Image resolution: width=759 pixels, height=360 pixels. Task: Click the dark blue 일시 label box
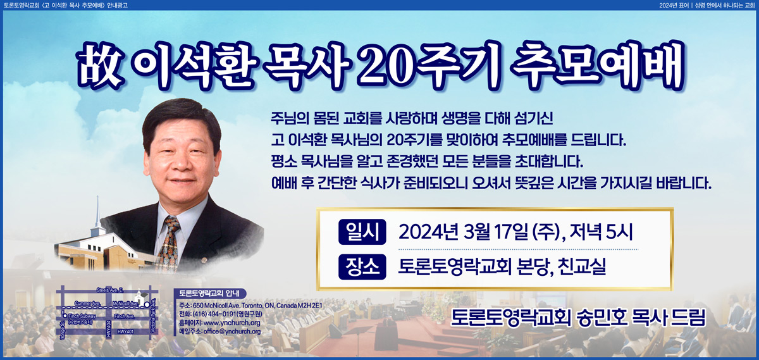362,232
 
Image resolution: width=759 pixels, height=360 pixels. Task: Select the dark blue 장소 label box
362,267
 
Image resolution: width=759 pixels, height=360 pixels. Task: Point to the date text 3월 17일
495,233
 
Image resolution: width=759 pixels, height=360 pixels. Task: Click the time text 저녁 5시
601,233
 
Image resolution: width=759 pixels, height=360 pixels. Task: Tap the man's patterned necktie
170,242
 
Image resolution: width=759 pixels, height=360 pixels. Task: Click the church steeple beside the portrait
98,214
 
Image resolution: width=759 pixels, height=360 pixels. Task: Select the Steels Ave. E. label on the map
110,290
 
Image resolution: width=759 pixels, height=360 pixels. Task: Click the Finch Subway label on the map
82,316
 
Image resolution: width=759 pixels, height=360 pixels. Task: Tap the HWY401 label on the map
125,332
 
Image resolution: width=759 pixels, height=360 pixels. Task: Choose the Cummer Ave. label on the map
87,303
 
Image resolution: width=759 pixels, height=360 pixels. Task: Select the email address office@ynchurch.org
232,332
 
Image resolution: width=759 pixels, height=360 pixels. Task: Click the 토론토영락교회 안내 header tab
209,293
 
